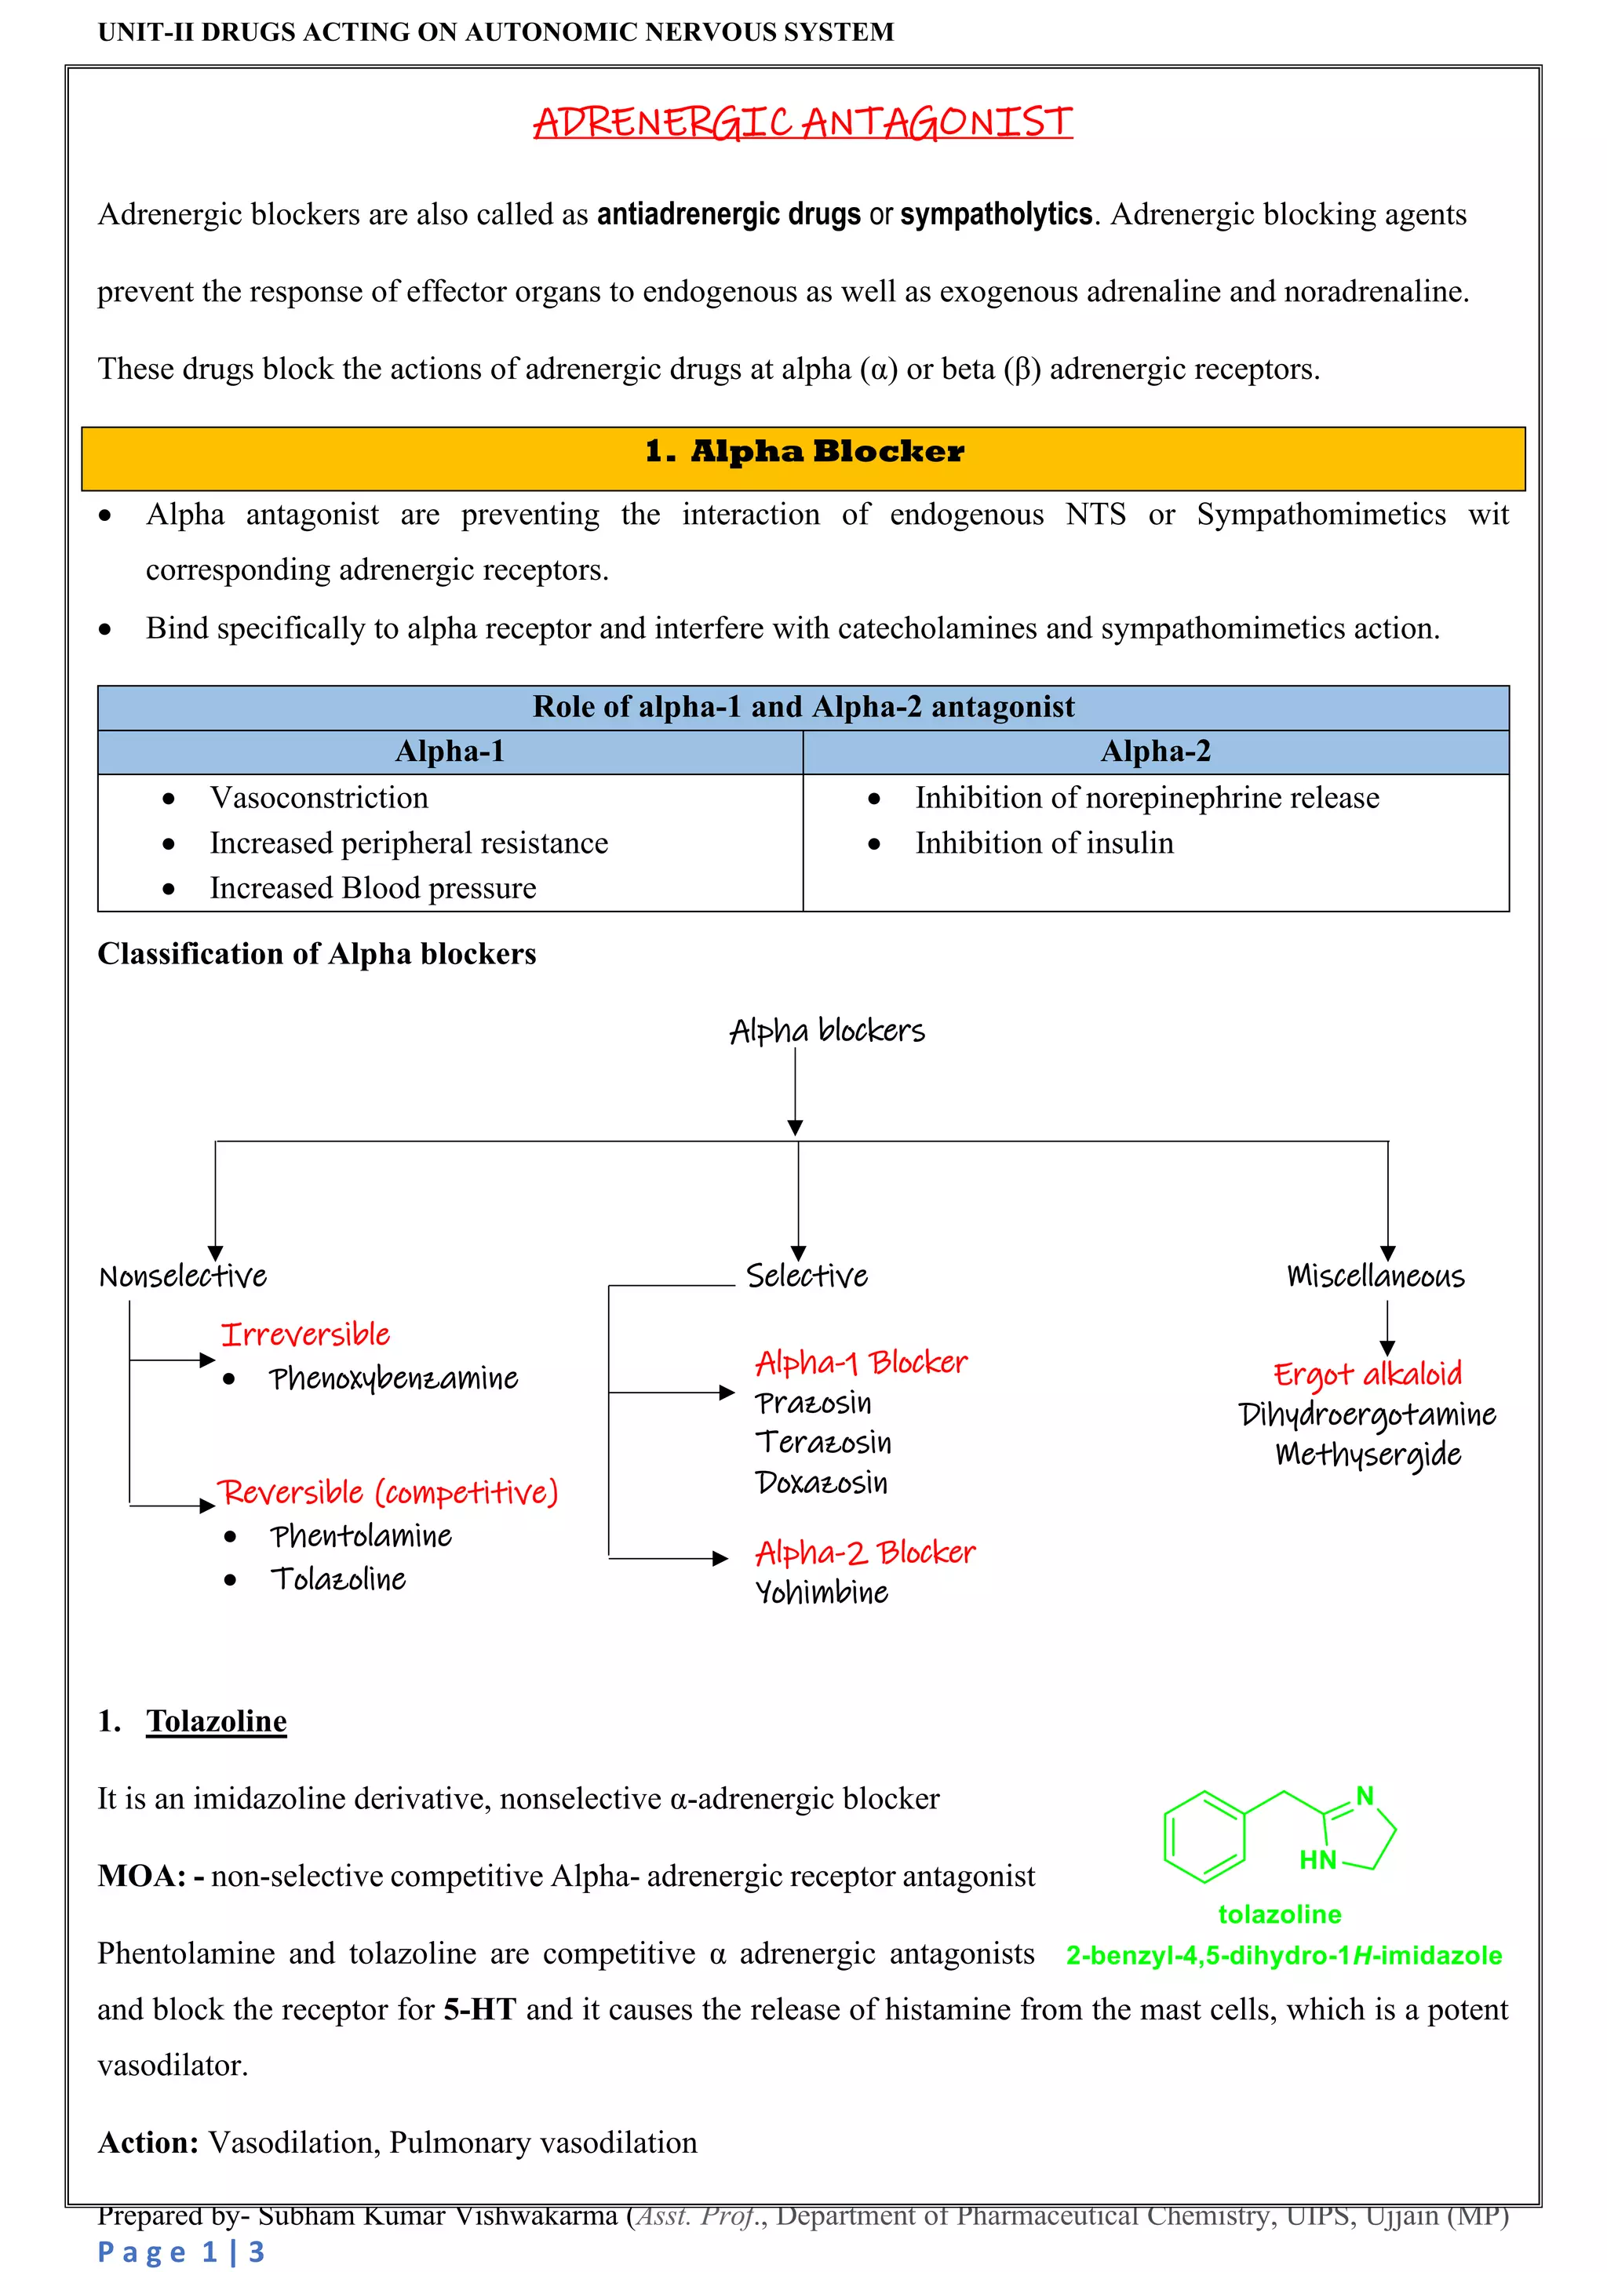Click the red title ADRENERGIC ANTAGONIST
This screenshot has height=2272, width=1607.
[803, 122]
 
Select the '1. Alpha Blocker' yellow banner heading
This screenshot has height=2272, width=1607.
[803, 452]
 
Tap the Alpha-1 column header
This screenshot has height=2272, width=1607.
[450, 752]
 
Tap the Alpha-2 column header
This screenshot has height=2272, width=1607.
[1156, 752]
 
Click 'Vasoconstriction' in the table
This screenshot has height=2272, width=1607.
[319, 798]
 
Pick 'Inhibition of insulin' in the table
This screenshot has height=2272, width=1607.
[1044, 843]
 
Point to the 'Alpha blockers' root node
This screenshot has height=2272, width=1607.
[827, 1031]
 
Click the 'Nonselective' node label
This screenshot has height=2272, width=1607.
[183, 1276]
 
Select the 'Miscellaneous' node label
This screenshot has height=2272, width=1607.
[1376, 1276]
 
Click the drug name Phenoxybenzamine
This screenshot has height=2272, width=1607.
[394, 1378]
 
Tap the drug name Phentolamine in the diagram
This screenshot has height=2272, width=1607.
[361, 1536]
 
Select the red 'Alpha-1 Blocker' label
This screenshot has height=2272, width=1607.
[861, 1363]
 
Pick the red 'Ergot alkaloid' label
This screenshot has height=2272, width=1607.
[1368, 1374]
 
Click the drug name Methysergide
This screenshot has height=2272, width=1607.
[1368, 1454]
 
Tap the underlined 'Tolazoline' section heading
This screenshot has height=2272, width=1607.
[217, 1722]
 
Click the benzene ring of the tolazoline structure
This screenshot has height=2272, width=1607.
[1203, 1837]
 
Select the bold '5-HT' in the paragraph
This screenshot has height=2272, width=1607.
[480, 2010]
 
